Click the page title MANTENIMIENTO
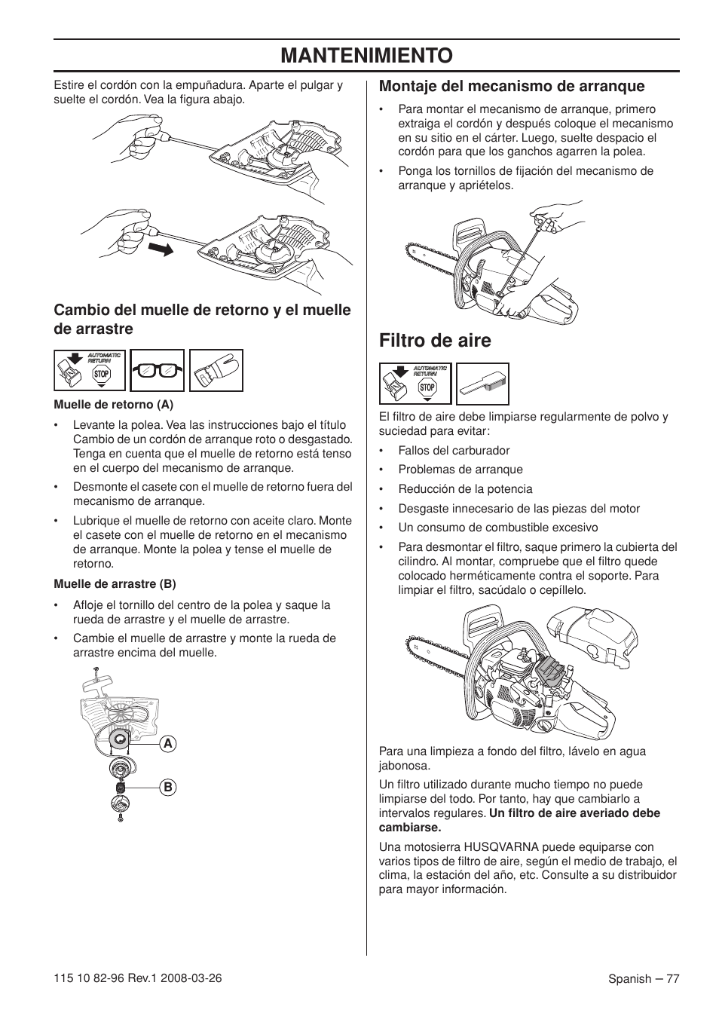pos(366,55)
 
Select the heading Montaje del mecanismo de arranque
pos(511,87)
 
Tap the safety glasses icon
pos(157,370)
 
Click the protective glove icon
pos(216,370)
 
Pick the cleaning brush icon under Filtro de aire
pos(482,384)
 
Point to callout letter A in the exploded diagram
pos(168,744)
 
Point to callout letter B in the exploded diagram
pos(168,787)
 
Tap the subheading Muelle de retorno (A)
pos(113,404)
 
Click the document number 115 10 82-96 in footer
pos(90,978)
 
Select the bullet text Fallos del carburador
pos(454,451)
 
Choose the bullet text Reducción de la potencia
pos(465,489)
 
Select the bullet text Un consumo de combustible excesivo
pos(497,528)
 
